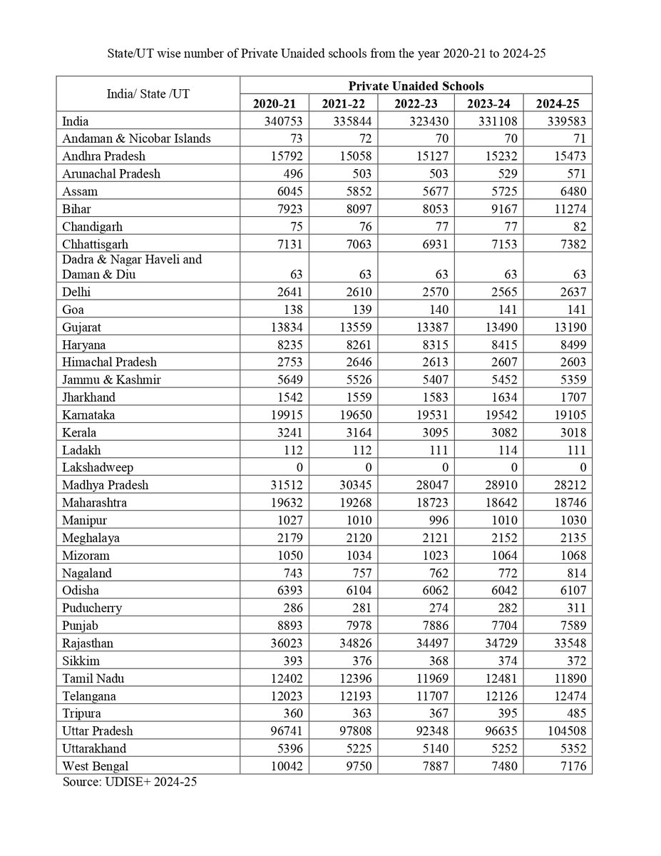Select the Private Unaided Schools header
click(x=415, y=86)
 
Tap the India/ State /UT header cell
click(x=148, y=94)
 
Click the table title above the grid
click(x=330, y=54)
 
